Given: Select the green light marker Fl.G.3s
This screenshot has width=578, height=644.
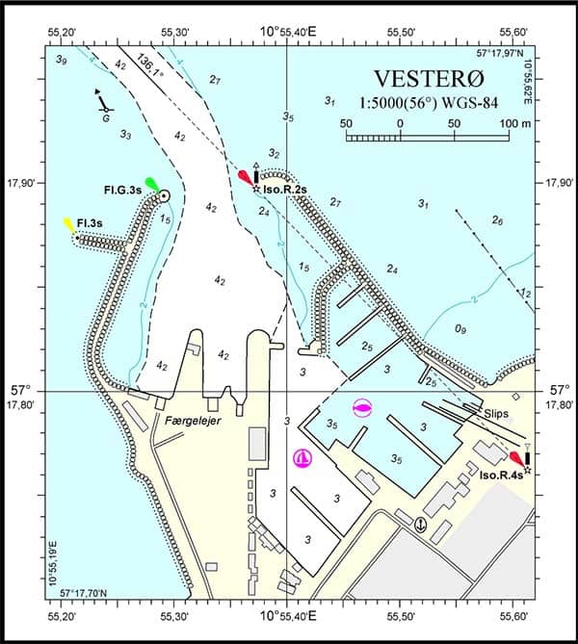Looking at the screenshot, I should click(150, 183).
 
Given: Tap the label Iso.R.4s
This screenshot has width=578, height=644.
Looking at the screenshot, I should click(501, 475).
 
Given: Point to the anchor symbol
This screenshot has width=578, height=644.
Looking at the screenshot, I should click(419, 525).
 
